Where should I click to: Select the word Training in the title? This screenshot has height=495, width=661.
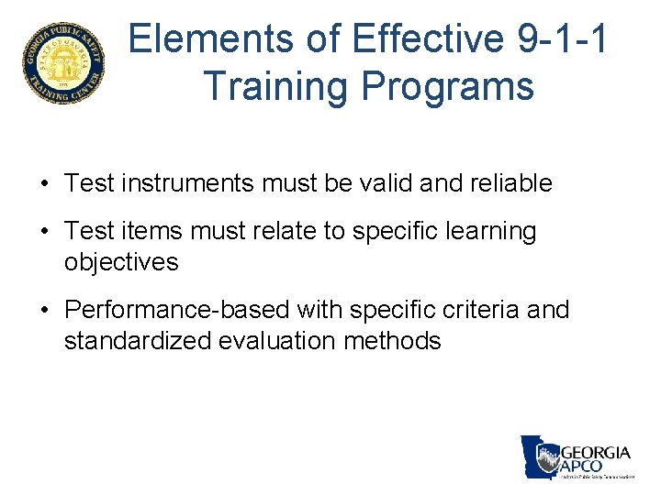point(275,85)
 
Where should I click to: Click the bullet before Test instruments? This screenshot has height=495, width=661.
point(44,183)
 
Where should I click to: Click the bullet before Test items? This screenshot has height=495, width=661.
point(44,232)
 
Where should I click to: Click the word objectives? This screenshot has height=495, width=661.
point(121,262)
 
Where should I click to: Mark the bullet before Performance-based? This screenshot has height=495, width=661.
point(44,311)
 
